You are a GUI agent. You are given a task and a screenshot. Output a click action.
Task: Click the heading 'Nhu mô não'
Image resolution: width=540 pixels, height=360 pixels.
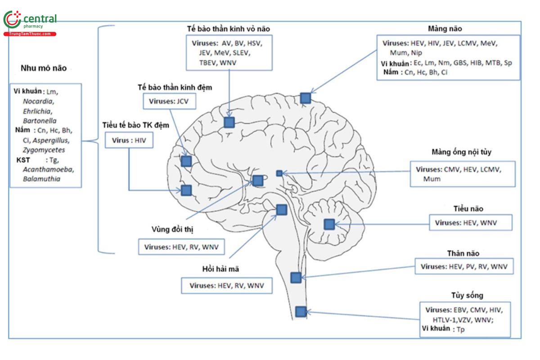coord(43,68)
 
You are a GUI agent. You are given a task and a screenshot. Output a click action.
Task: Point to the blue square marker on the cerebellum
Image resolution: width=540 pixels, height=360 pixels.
coord(329,224)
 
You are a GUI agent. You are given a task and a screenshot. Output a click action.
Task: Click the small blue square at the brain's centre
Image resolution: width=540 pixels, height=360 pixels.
coord(279,173)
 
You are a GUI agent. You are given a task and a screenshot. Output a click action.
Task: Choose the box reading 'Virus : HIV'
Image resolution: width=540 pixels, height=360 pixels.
coord(129,140)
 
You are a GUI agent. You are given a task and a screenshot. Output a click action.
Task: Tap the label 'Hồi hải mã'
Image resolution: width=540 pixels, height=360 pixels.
coord(220,269)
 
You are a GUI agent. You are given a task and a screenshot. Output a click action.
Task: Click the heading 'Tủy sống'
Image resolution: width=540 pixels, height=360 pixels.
coord(467,295)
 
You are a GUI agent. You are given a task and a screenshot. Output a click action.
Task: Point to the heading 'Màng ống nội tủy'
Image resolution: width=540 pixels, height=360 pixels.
coord(461,152)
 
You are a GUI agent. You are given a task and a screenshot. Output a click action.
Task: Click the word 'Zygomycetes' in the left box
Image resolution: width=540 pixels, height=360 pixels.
coord(44,150)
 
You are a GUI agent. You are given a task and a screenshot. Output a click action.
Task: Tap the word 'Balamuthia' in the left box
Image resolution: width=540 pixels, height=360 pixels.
coord(42,179)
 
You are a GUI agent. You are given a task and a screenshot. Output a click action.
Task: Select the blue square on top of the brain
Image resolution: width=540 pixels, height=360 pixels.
coord(306,98)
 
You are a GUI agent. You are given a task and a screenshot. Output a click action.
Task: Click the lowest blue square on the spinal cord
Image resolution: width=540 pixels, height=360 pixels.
coord(301,311)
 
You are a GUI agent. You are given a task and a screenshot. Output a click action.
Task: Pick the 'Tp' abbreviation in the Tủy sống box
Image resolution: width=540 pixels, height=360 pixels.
coord(460,330)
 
